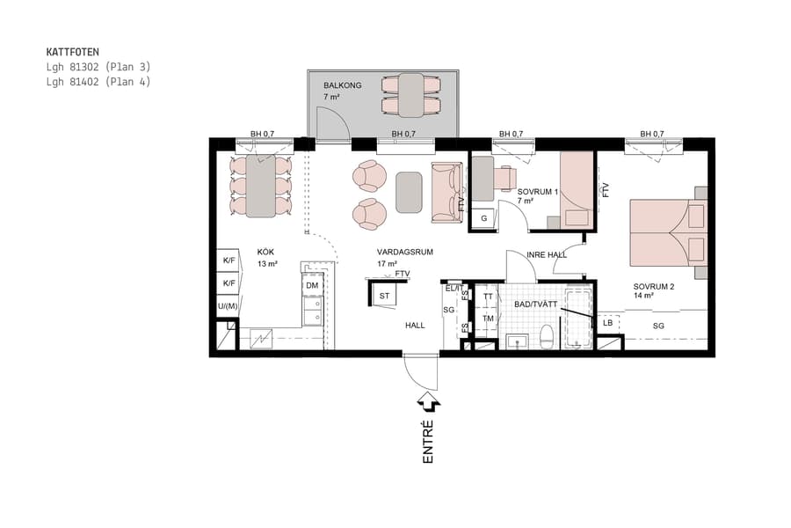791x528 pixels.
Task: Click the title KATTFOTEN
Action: [x=74, y=52]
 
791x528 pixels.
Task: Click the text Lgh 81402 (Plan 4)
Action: [x=98, y=82]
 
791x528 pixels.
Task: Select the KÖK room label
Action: [x=266, y=251]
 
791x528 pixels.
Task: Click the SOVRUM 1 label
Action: [x=536, y=191]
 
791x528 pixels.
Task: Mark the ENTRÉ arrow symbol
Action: [x=429, y=402]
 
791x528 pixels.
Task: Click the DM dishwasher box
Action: [x=312, y=286]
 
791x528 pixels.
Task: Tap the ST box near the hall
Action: [x=384, y=297]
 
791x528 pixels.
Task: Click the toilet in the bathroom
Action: [x=546, y=335]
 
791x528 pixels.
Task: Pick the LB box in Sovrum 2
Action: [x=608, y=323]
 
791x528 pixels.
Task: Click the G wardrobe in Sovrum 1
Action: [x=483, y=218]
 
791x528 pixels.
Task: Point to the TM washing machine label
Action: [x=488, y=318]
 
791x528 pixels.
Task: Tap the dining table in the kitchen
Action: [x=260, y=186]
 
